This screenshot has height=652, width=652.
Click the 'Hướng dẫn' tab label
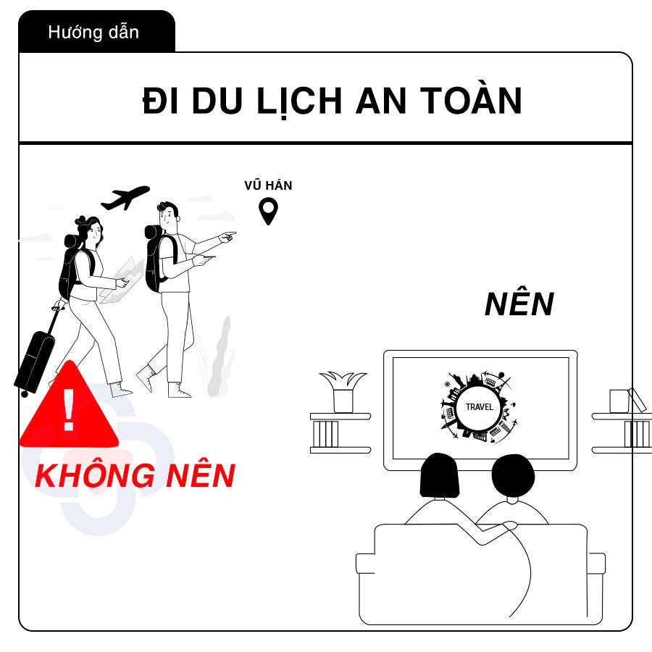point(93,33)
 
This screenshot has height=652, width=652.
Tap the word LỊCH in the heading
point(298,101)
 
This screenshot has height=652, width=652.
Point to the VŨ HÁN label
point(268,185)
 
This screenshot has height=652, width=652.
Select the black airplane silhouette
point(125,198)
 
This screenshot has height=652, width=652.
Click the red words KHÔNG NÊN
point(135,475)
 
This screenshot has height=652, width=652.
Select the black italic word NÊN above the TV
point(519,304)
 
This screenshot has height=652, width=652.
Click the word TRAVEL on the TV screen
point(479,407)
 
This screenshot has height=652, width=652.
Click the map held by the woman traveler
point(122,280)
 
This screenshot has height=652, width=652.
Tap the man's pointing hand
point(228,237)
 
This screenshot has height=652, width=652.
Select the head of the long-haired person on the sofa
point(439,476)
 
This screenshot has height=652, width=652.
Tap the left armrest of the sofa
point(366,564)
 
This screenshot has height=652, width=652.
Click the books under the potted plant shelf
point(325,434)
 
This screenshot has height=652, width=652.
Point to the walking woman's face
point(96,233)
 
